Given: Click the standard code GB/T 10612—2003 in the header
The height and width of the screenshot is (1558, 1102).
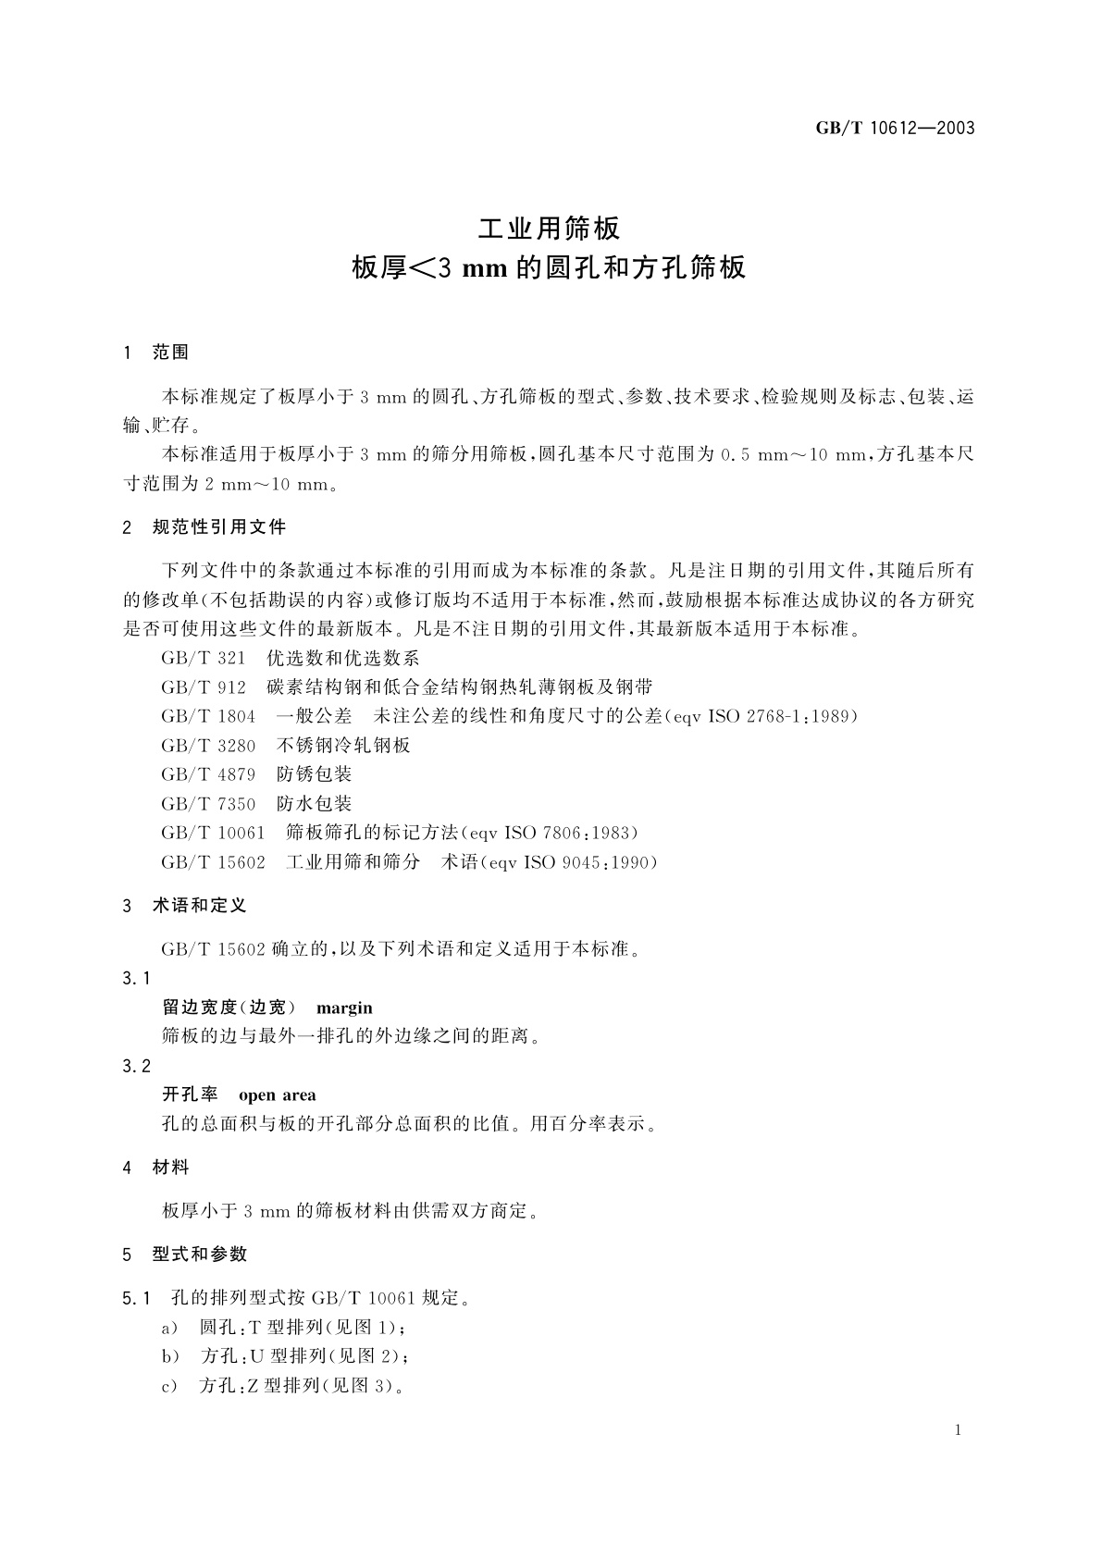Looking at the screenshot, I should click(895, 129).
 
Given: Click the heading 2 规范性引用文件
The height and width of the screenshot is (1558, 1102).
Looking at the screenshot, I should click(204, 527).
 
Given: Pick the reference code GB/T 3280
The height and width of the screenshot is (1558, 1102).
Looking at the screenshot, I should click(208, 745).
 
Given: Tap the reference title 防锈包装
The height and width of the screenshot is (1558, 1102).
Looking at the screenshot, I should click(315, 774).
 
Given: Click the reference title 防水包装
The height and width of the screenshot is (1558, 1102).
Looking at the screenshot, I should click(315, 803).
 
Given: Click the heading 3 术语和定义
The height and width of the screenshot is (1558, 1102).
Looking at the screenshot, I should click(185, 906).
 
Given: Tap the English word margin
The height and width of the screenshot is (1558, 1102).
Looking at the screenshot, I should click(344, 1008).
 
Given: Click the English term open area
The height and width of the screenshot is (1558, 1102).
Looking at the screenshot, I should click(278, 1095).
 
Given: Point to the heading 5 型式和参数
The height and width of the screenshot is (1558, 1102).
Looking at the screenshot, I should click(185, 1255).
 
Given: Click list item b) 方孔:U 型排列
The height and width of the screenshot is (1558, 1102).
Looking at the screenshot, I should click(285, 1356).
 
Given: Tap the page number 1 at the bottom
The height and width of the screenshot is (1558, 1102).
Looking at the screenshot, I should click(958, 1430).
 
